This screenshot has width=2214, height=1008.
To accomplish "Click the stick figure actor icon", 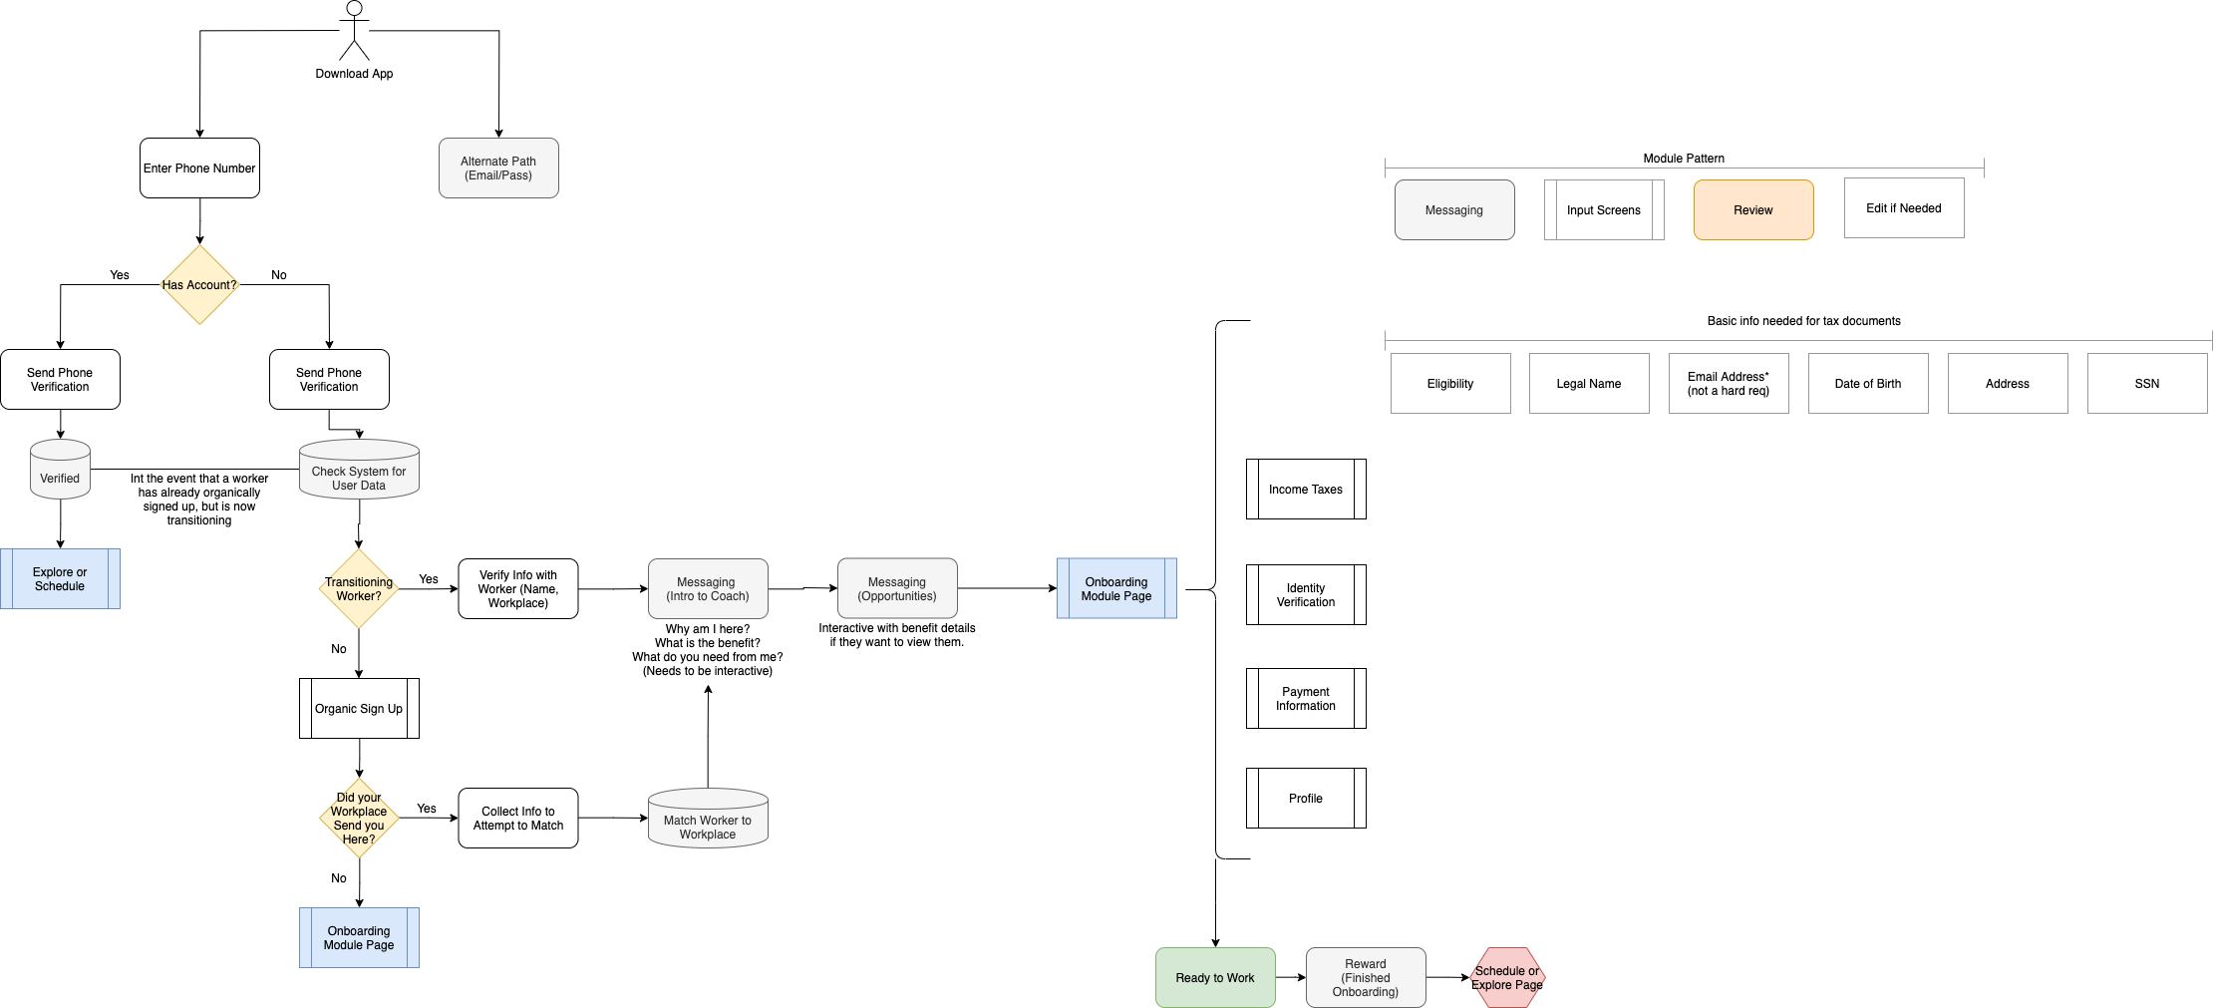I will coord(354,30).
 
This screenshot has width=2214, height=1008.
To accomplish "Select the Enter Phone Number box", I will coord(199,168).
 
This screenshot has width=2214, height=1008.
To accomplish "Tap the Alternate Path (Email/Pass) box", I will coord(498,168).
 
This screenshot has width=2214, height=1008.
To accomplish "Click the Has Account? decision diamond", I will coord(199,285).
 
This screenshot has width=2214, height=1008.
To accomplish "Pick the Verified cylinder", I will coord(60,470).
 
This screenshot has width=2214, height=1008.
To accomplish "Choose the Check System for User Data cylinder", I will coord(359,470).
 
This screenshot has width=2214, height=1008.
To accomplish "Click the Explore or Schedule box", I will coord(60,579).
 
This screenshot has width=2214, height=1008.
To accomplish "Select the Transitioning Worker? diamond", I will coord(359,589).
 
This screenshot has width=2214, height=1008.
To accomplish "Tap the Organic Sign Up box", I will coord(359,709).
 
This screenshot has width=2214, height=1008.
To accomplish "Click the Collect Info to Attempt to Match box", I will coord(518,819).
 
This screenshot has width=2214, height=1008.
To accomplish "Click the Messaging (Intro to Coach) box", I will coord(708,589).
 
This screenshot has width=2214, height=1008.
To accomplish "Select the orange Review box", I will coord(1753,210).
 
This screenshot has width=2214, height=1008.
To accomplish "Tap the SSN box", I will coord(2147,384).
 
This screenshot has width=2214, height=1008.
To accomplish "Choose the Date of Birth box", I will coord(1868,384).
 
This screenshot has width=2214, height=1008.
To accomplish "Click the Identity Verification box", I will coord(1306,595).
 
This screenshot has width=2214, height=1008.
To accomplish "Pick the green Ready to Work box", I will coord(1215,978).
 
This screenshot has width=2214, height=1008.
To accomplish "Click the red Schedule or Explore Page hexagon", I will coord(1507,978).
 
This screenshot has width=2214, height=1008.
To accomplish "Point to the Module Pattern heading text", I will coord(1684,159).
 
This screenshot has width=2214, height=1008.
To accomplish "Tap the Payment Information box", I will coord(1306,699).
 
